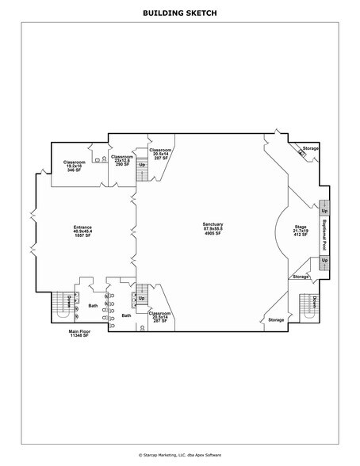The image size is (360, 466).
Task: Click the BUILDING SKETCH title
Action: coord(180,13)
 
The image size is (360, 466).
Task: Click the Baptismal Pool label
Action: coord(324,235)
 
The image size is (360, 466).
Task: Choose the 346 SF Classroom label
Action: coord(75,166)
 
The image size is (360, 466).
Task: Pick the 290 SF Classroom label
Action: coord(121,160)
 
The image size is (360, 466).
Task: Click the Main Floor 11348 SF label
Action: coord(80,334)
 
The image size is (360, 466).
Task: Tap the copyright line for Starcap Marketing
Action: coord(180,455)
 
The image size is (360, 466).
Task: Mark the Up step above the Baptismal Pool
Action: coord(324,211)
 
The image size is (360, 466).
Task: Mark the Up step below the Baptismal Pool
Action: coord(324,260)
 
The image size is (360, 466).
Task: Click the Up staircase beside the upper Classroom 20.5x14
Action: coord(142,169)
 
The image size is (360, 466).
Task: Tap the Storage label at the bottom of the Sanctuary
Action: coord(275,319)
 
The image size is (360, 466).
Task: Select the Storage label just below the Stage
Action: coord(301,277)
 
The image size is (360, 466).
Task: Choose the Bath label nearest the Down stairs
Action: coord(93,305)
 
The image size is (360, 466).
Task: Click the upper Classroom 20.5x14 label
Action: coord(162,154)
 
